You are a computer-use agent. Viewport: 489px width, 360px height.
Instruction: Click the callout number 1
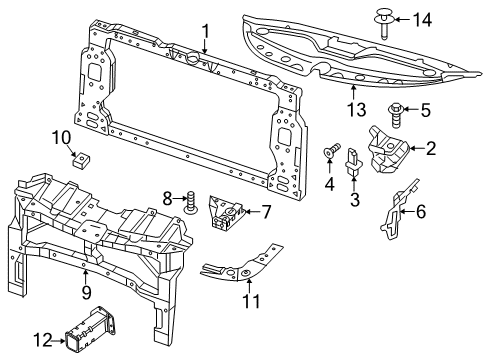tap(205, 32)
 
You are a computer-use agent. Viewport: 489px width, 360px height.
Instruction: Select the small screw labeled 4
tap(329, 152)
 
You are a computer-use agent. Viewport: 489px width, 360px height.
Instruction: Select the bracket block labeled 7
tap(226, 212)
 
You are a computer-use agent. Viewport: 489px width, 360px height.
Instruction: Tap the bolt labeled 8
tap(188, 204)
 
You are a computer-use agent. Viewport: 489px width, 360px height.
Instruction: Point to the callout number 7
tap(265, 211)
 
